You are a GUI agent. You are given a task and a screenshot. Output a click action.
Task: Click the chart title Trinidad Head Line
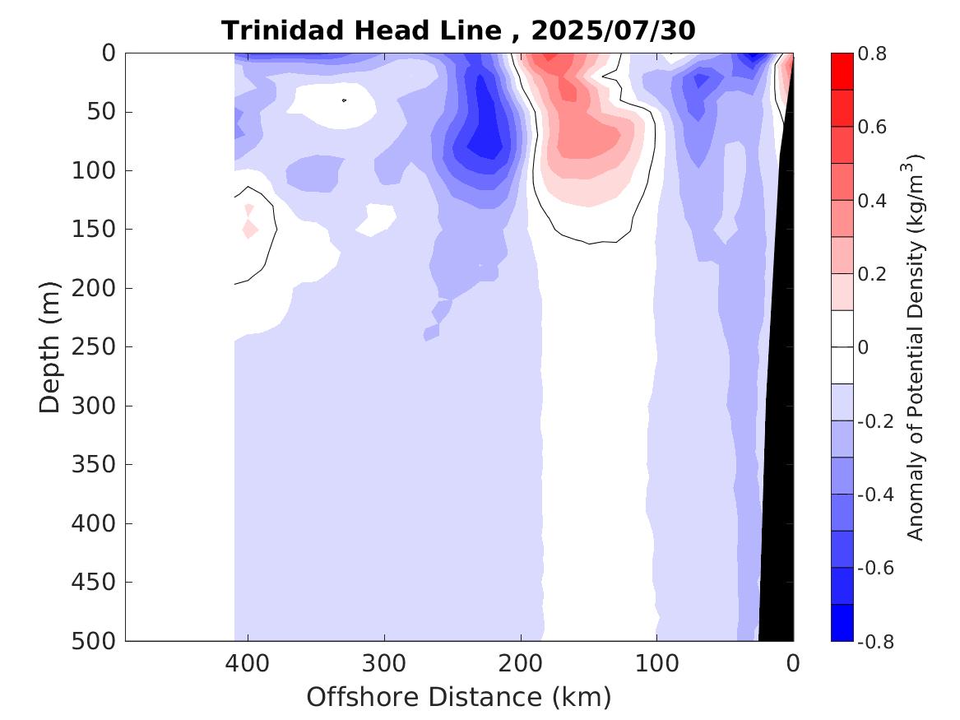click(361, 30)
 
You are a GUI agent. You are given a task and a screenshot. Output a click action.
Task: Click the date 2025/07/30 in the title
click(613, 30)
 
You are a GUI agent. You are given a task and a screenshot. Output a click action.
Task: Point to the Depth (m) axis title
click(50, 346)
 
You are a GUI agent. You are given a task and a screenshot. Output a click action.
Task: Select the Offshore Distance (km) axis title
click(459, 697)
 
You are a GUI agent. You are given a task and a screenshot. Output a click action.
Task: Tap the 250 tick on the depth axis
click(100, 346)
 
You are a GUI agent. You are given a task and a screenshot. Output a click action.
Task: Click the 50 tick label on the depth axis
click(105, 111)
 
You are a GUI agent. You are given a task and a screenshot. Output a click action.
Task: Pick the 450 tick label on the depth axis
click(100, 582)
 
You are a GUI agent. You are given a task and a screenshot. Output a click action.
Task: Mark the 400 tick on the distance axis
click(248, 663)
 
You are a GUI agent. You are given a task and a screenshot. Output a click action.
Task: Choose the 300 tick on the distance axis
click(384, 663)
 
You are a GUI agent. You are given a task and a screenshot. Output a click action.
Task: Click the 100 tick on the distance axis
click(656, 663)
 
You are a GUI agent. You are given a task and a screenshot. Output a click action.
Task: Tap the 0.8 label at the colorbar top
click(873, 53)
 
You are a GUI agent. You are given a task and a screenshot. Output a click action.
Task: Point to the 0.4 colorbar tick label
click(873, 201)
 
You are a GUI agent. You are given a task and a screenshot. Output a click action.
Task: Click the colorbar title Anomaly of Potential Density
click(916, 346)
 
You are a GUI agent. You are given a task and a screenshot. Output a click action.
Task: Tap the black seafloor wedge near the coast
click(778, 494)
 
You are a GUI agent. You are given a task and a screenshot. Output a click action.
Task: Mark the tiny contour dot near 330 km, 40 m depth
click(344, 100)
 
